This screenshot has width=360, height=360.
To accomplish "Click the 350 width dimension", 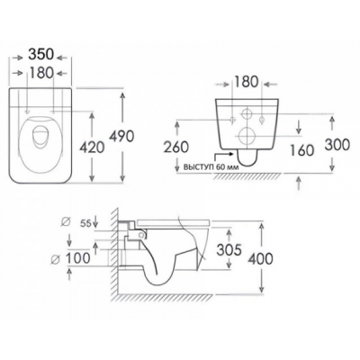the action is pyautogui.click(x=40, y=55).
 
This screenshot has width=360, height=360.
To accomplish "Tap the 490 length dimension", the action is pyautogui.click(x=121, y=137).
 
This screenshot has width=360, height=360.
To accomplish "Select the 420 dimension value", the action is pyautogui.click(x=92, y=148).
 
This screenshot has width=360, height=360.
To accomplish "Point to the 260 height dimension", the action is pyautogui.click(x=176, y=148).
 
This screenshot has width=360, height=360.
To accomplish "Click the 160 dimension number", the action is pyautogui.click(x=301, y=150).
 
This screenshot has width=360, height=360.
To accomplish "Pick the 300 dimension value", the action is pyautogui.click(x=337, y=145).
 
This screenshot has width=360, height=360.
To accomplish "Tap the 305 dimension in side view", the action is pyautogui.click(x=229, y=250).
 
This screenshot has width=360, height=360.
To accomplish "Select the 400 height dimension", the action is pyautogui.click(x=260, y=258).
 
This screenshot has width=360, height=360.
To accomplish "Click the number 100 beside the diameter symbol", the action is pyautogui.click(x=77, y=258).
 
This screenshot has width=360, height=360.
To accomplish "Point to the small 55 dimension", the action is pyautogui.click(x=85, y=223).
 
